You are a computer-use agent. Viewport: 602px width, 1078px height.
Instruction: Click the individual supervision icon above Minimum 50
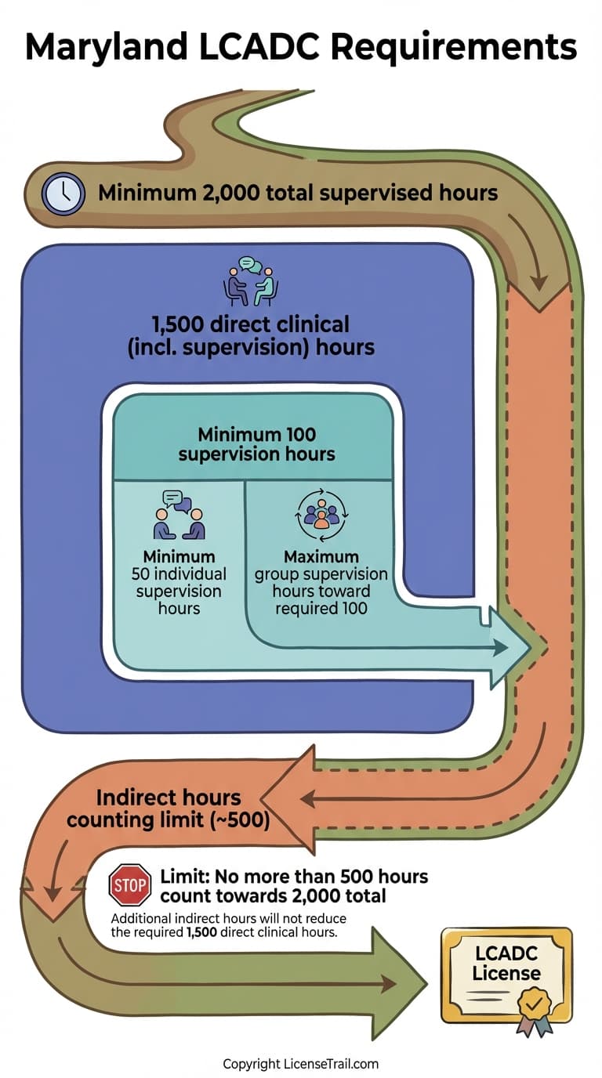pos(179,515)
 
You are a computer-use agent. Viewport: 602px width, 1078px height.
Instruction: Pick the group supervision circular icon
pos(321,515)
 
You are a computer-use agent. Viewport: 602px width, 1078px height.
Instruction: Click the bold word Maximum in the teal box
pos(321,558)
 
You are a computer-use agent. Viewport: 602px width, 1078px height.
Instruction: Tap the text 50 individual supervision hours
pos(179,591)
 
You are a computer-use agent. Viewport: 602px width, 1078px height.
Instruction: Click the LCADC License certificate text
pos(506,964)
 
